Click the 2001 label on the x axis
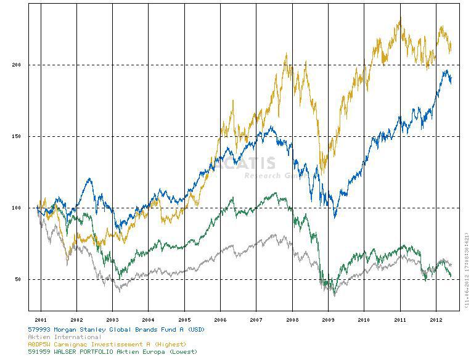tap(41, 320)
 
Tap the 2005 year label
tap(184, 320)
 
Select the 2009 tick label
tap(328, 320)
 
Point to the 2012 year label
tap(436, 320)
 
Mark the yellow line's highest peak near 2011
tap(400, 19)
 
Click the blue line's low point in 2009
tap(335, 217)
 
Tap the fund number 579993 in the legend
tap(41, 330)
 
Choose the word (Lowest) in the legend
tap(182, 351)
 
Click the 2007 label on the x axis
tap(256, 320)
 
